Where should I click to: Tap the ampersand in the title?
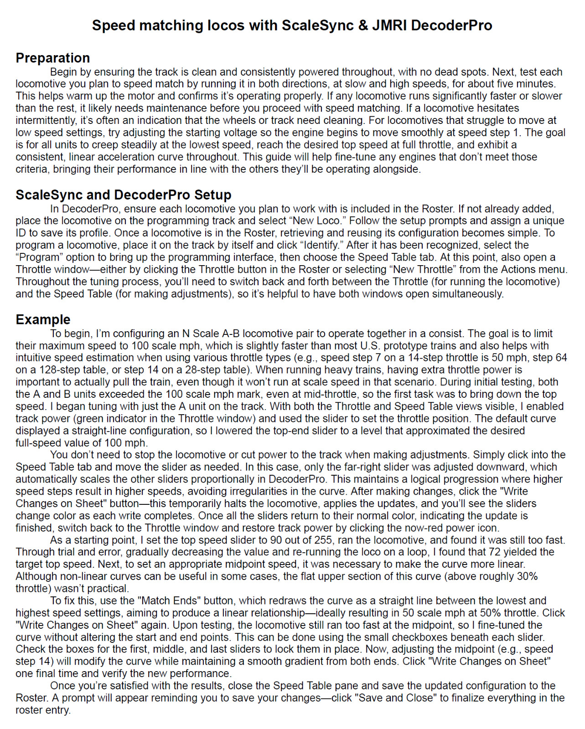click(363, 25)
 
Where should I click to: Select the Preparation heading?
click(53, 58)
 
